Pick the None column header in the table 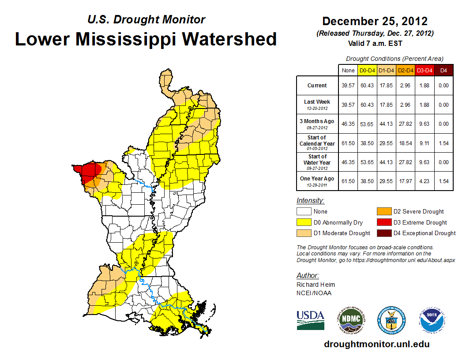click(x=348, y=70)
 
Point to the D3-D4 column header click(x=424, y=70)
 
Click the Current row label click(x=317, y=86)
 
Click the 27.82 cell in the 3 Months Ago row click(x=405, y=124)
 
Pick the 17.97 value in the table click(x=405, y=181)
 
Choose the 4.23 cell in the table click(x=424, y=181)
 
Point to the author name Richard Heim click(x=316, y=285)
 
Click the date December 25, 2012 click(x=375, y=21)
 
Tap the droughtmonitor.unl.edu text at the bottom click(x=376, y=344)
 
